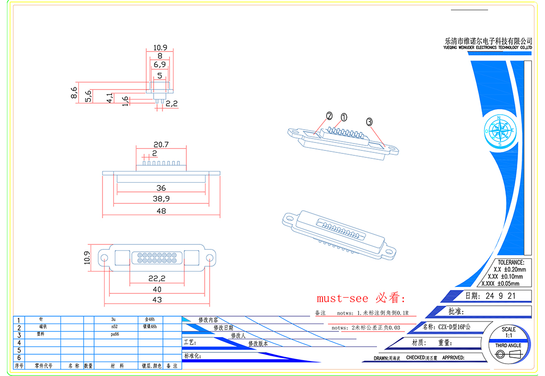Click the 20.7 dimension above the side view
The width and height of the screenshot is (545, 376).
coord(161,144)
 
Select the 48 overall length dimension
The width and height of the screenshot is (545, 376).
coord(161,211)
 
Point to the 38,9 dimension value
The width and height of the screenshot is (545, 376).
coord(161,199)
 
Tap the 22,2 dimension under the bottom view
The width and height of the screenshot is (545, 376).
coord(157,279)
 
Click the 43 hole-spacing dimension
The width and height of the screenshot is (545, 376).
coord(157,300)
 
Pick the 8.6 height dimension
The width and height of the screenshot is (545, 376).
coord(74,93)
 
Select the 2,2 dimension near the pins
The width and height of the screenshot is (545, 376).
coord(171,104)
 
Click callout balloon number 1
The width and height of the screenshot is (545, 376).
coord(344,117)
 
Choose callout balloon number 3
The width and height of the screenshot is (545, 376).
coord(369,121)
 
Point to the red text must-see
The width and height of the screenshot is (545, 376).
coord(342,298)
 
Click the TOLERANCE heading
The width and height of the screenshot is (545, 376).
coord(510,263)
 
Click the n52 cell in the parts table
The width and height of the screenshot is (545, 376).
coord(114,327)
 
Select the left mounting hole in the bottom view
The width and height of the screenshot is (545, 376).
coord(105,258)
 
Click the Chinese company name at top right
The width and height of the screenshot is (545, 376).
coord(489,41)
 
